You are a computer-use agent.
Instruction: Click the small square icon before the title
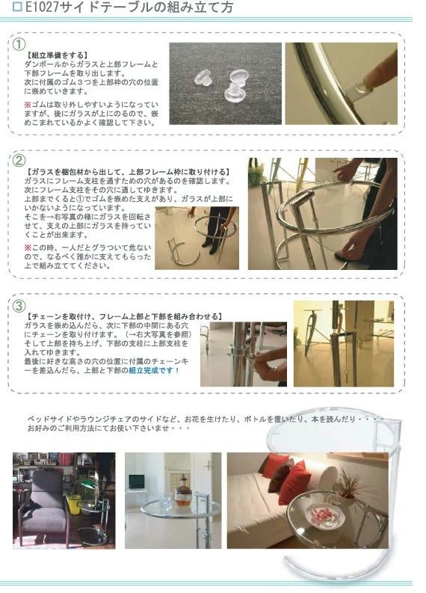(x=17, y=9)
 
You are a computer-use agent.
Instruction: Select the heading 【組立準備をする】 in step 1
(x=57, y=55)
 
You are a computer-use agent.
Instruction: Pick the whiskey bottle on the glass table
(x=182, y=495)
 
